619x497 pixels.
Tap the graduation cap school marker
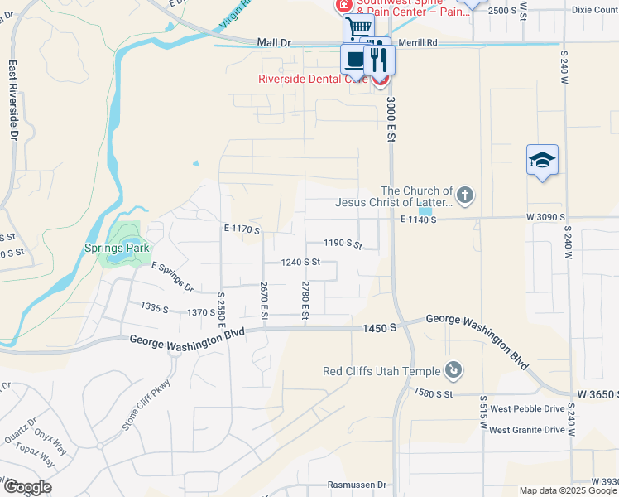click(x=542, y=160)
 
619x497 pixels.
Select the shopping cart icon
click(x=358, y=28)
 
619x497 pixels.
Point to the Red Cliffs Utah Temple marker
click(x=453, y=369)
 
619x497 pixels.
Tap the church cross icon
click(x=465, y=196)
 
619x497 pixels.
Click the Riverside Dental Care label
click(x=312, y=80)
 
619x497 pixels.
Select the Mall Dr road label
click(x=275, y=41)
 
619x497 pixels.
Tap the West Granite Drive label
click(x=526, y=430)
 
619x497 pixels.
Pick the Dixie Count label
click(x=594, y=10)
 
